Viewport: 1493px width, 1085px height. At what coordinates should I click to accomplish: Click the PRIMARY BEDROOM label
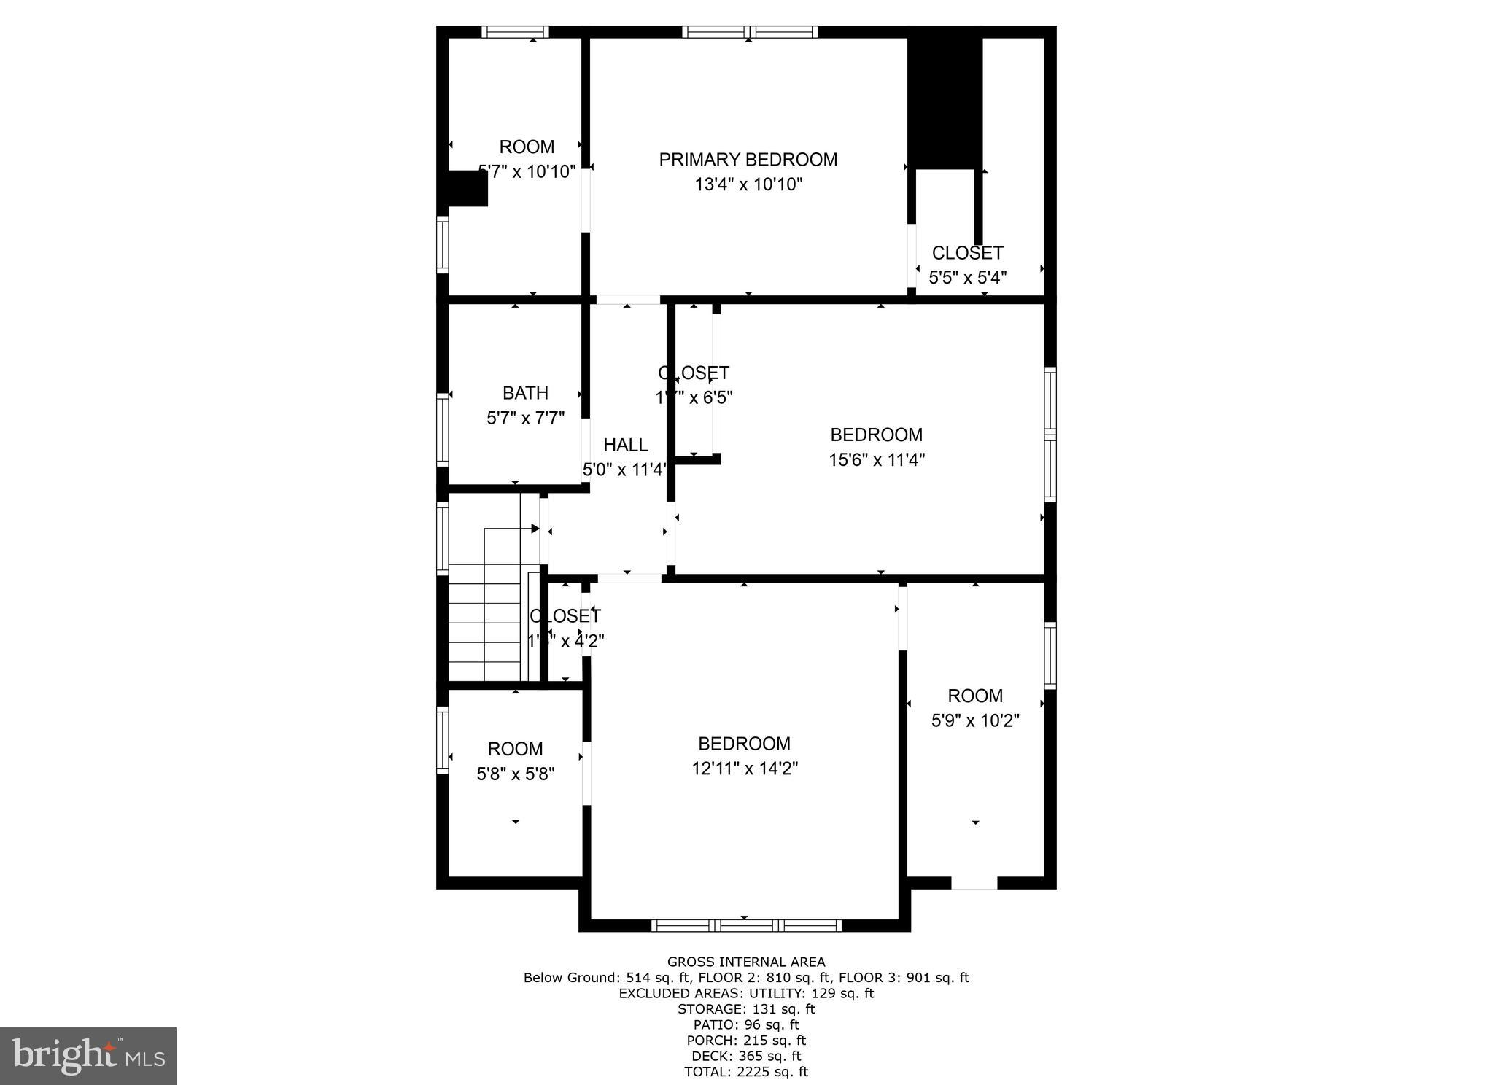(748, 160)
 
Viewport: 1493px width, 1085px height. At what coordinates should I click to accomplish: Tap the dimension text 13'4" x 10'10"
(748, 184)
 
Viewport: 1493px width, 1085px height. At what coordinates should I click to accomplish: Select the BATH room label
(525, 393)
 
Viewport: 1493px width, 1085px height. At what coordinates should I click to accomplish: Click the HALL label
(625, 445)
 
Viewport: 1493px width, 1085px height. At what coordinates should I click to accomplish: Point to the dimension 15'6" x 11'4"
(876, 460)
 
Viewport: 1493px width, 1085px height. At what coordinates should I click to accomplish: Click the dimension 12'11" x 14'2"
(744, 769)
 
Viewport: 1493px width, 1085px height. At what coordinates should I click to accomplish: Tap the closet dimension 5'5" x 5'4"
(967, 278)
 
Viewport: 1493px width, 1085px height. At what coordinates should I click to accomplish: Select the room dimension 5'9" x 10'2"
(974, 720)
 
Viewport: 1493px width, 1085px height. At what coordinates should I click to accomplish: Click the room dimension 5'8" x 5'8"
(515, 774)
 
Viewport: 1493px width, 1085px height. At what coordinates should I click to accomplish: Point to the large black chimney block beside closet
(945, 102)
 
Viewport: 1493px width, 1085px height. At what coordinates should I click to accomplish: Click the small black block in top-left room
(467, 189)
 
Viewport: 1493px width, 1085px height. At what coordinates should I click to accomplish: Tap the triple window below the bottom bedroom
(745, 925)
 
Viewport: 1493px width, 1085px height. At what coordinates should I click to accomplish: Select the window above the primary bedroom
(749, 32)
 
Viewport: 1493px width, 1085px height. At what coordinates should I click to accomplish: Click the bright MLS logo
(88, 1057)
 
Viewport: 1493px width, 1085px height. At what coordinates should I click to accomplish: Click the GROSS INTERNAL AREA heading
(745, 962)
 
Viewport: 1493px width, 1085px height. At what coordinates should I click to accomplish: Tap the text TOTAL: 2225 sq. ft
(745, 1072)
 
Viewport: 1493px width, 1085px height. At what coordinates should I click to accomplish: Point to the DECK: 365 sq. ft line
(745, 1056)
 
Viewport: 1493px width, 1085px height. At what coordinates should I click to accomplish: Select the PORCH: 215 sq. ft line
(745, 1041)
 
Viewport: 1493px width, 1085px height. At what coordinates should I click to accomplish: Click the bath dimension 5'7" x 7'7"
(525, 419)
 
